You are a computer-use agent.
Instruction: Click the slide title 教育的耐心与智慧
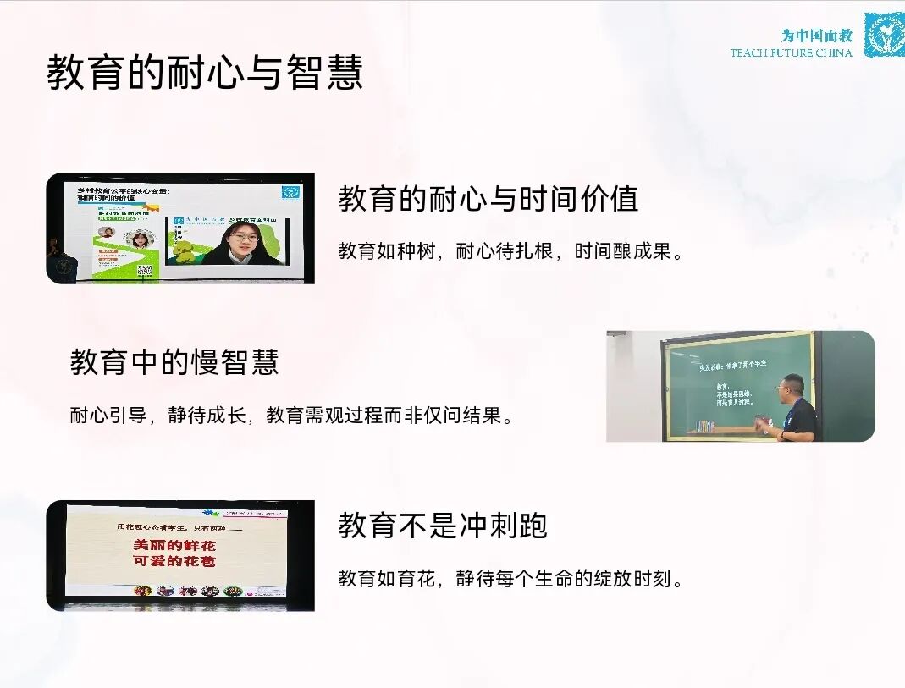click(x=204, y=73)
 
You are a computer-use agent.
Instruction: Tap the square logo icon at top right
click(x=884, y=35)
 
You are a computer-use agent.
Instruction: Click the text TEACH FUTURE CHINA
click(x=792, y=52)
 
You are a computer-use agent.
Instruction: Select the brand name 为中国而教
click(x=816, y=36)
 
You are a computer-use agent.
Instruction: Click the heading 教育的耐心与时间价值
click(x=488, y=199)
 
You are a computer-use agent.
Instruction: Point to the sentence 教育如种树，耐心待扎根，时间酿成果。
click(x=510, y=251)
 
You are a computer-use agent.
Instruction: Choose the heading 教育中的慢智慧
click(x=174, y=362)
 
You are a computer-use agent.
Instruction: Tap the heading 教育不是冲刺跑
click(x=443, y=526)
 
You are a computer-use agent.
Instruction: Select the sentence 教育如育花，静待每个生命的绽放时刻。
click(x=510, y=579)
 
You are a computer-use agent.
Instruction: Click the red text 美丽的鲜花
click(x=175, y=546)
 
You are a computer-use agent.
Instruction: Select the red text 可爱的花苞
click(x=175, y=562)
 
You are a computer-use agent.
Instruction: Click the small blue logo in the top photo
click(x=290, y=193)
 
